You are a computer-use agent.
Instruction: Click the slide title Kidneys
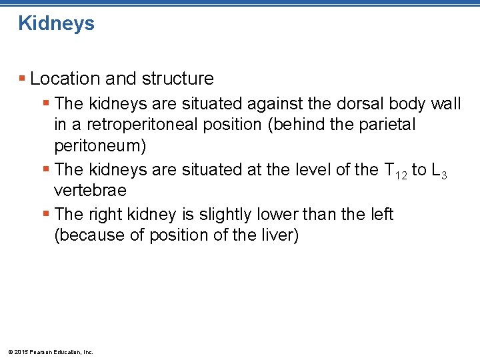57,24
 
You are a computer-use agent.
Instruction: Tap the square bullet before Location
23,79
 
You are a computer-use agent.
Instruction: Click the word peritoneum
99,146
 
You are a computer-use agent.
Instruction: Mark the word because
91,235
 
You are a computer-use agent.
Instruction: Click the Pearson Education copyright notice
49,351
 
